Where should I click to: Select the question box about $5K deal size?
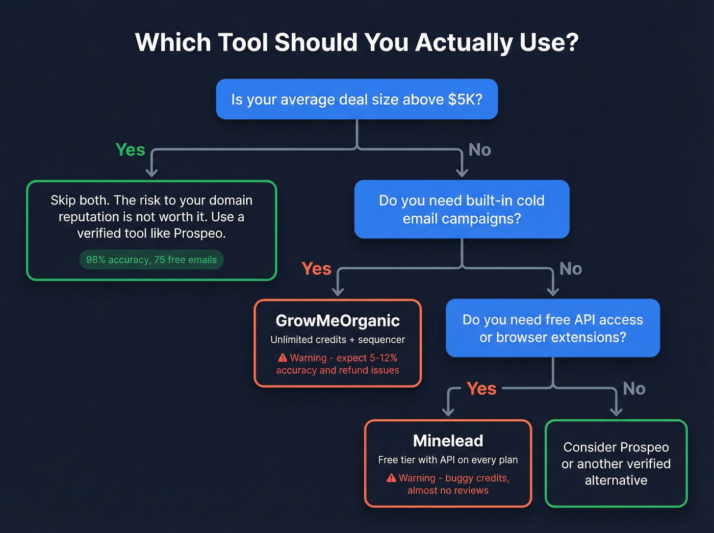(x=356, y=99)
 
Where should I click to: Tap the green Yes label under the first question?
(x=130, y=150)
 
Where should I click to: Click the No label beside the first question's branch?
(x=479, y=150)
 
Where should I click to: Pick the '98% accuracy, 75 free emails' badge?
(x=151, y=260)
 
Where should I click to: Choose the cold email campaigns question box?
(x=462, y=209)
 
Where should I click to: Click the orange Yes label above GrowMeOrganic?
(x=316, y=269)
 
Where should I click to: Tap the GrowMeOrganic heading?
(x=338, y=320)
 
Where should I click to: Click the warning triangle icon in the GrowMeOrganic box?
(x=283, y=358)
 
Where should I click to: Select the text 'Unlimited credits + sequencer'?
(x=338, y=340)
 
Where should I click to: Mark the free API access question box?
(x=552, y=328)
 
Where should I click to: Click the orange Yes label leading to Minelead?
(x=481, y=389)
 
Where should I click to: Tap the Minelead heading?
(x=448, y=441)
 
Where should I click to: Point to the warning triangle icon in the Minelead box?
(x=391, y=478)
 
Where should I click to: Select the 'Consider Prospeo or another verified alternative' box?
(x=616, y=463)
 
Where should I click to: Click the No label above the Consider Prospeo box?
(x=634, y=389)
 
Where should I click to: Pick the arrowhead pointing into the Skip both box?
(x=151, y=172)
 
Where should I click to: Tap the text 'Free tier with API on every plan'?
(x=448, y=460)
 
